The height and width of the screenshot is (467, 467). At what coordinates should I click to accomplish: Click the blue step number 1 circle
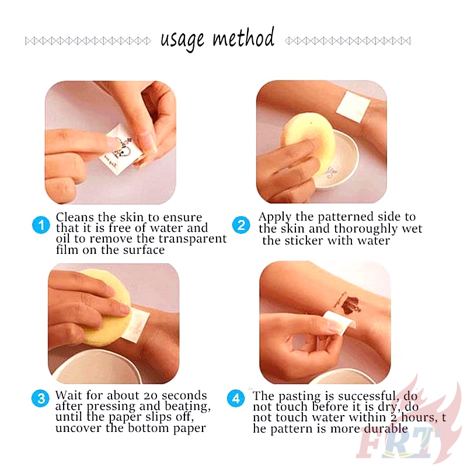(x=41, y=225)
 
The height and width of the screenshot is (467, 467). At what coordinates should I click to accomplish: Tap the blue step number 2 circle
(x=241, y=225)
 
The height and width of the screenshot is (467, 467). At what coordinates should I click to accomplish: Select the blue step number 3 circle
(x=40, y=399)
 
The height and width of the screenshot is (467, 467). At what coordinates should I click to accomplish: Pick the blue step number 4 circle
(x=236, y=399)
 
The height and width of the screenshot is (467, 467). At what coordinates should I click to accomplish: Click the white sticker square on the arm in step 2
(x=353, y=107)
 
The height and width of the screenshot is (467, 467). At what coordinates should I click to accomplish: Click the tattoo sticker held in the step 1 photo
(x=121, y=150)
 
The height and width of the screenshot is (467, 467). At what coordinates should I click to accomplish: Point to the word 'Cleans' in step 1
(x=75, y=217)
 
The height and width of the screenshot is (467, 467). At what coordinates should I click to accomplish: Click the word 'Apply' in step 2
(x=274, y=217)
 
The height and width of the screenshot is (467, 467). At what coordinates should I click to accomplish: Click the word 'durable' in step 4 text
(x=386, y=428)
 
